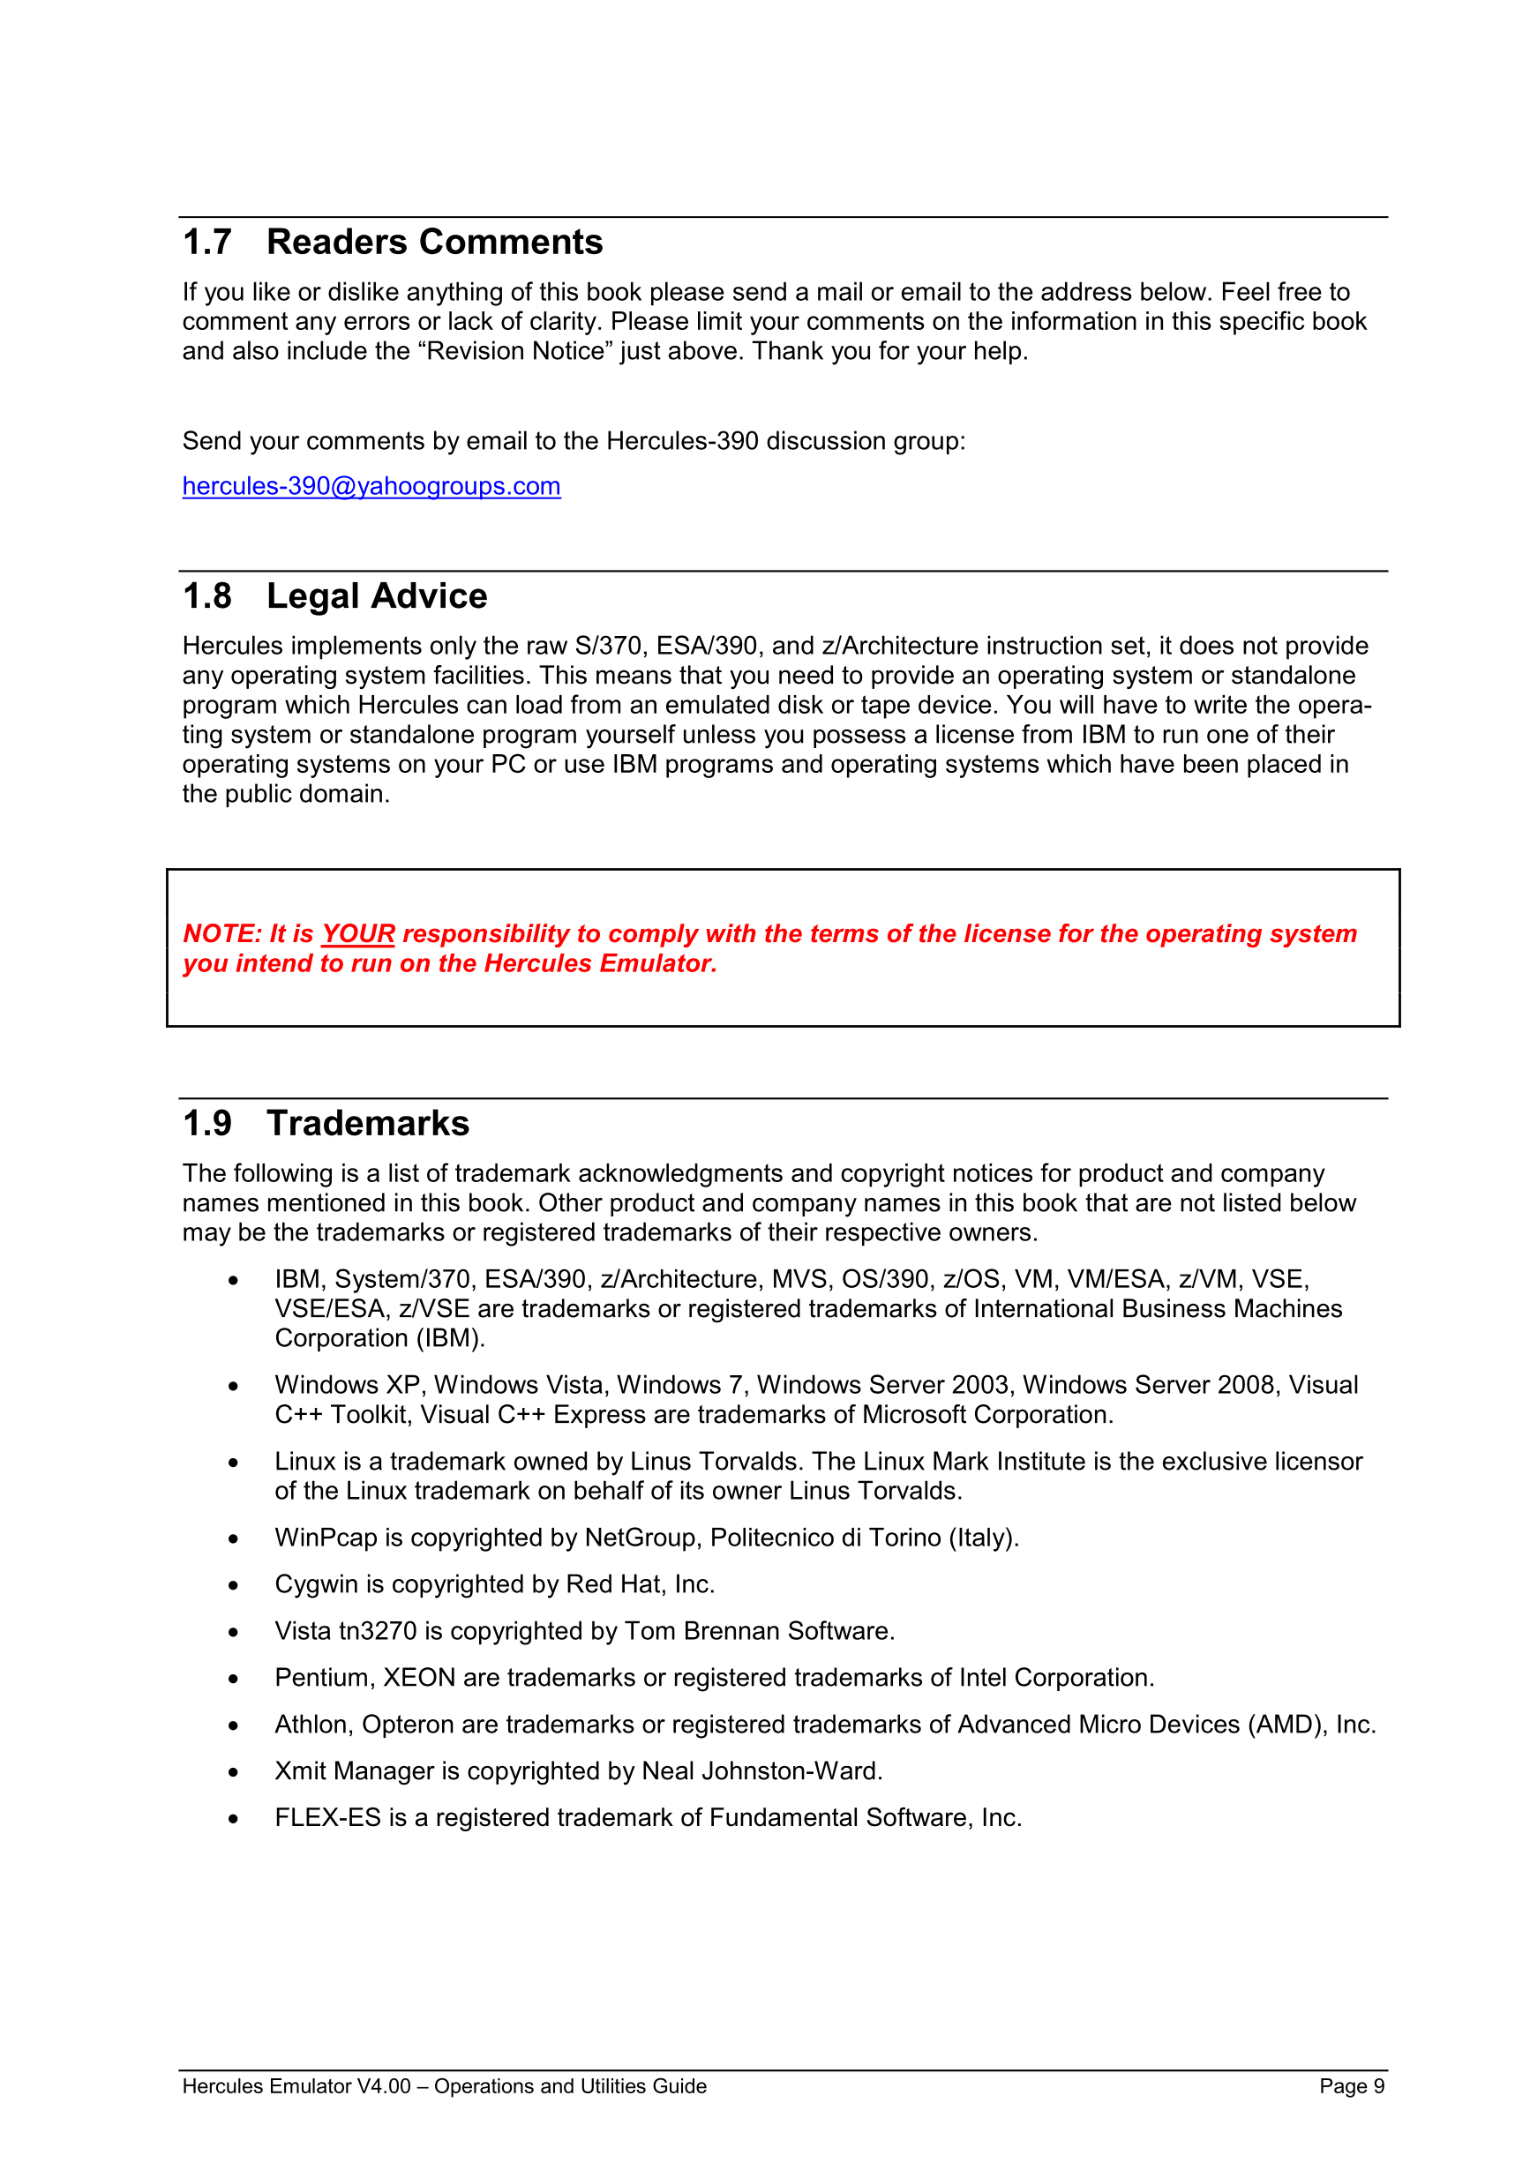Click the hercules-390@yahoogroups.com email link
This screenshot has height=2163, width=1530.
(x=371, y=486)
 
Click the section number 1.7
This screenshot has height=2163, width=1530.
(x=207, y=242)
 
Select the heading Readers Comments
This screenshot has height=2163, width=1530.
(x=434, y=242)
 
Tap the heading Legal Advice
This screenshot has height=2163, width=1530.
(x=377, y=596)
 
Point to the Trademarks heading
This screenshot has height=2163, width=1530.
(x=367, y=1124)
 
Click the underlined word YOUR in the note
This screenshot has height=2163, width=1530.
(x=358, y=933)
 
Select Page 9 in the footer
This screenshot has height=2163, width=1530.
(x=1351, y=2085)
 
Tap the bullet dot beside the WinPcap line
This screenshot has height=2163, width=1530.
(x=233, y=1539)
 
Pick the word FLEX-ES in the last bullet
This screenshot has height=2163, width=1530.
(x=328, y=1817)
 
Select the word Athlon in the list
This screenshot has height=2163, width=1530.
(x=314, y=1724)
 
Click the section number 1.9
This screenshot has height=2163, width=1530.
(x=207, y=1124)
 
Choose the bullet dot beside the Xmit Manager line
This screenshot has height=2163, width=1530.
(x=233, y=1773)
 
